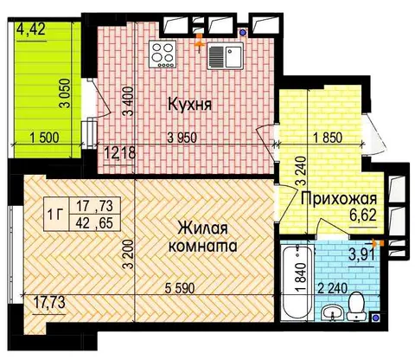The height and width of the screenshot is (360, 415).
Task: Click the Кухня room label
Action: [x=189, y=104]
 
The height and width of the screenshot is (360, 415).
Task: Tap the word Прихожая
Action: [x=339, y=199]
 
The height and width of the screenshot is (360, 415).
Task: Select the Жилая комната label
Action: [x=203, y=237]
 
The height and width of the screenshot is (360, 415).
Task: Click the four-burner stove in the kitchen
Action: [x=163, y=55]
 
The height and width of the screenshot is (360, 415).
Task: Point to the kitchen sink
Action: [x=225, y=56]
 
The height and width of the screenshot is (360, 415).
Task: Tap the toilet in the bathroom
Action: [x=356, y=305]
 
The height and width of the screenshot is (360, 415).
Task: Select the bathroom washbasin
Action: [x=332, y=312]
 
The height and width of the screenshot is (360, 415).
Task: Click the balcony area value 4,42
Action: [x=31, y=29]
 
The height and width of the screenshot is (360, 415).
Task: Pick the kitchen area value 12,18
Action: [x=119, y=152]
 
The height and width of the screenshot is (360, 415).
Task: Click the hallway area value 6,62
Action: [x=363, y=215]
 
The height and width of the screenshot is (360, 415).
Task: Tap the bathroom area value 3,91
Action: [x=362, y=254]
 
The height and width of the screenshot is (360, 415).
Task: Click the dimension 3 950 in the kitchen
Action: [x=182, y=138]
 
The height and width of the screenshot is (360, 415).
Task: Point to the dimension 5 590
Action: [x=180, y=288]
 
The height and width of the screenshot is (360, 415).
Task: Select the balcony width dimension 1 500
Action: [x=44, y=138]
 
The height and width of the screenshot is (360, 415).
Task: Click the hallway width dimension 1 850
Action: [x=328, y=138]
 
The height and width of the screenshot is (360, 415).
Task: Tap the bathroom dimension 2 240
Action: [x=333, y=288]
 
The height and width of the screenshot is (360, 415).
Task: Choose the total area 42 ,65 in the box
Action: [x=94, y=223]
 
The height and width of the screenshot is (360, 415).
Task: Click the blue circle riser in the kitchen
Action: [x=244, y=33]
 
